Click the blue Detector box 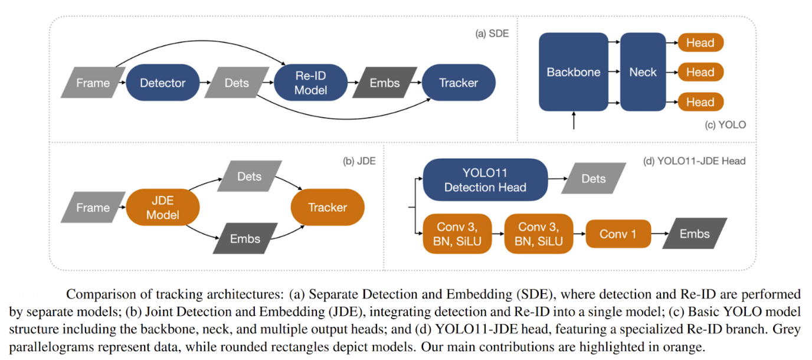pyautogui.click(x=162, y=83)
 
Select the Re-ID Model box pyautogui.click(x=311, y=83)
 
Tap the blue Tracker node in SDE pyautogui.click(x=459, y=83)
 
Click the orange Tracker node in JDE pyautogui.click(x=328, y=208)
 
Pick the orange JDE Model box pyautogui.click(x=163, y=208)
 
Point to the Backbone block pyautogui.click(x=573, y=72)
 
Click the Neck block pyautogui.click(x=643, y=72)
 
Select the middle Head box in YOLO pyautogui.click(x=700, y=72)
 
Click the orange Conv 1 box pyautogui.click(x=618, y=234)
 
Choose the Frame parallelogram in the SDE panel pyautogui.click(x=93, y=83)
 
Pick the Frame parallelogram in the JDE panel pyautogui.click(x=93, y=208)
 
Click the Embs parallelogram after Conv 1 pyautogui.click(x=695, y=234)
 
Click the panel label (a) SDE pyautogui.click(x=492, y=34)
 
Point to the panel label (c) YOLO pyautogui.click(x=725, y=125)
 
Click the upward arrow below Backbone pyautogui.click(x=574, y=120)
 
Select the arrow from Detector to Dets pyautogui.click(x=207, y=83)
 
